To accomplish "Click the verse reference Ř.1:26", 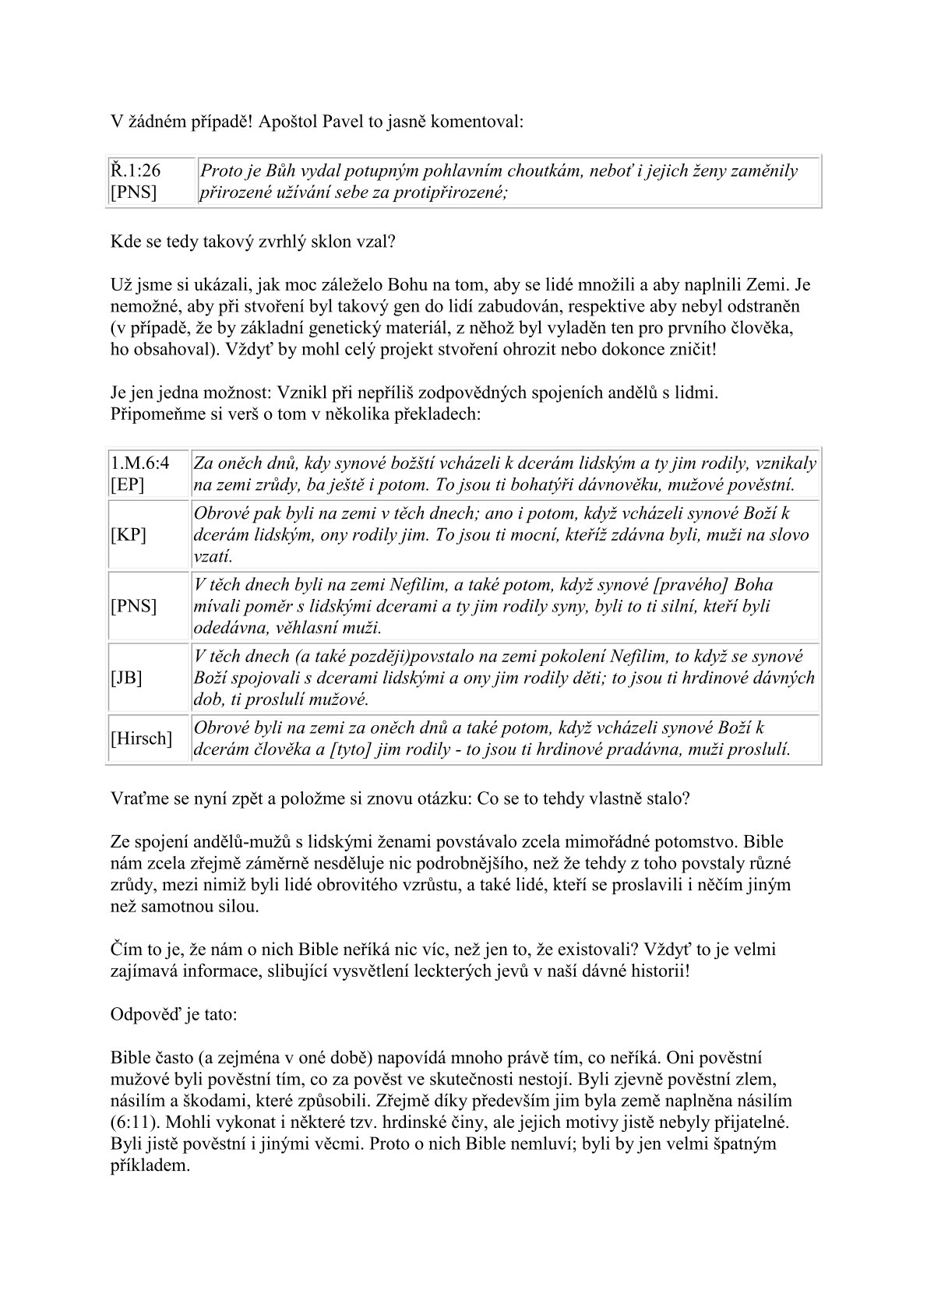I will tap(135, 171).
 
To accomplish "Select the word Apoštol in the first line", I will tap(293, 122).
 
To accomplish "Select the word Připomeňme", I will tap(153, 414).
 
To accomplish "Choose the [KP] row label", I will tap(129, 535).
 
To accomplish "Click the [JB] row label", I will tap(126, 678).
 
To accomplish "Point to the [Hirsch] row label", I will tap(141, 738).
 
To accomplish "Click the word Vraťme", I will tap(138, 798).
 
